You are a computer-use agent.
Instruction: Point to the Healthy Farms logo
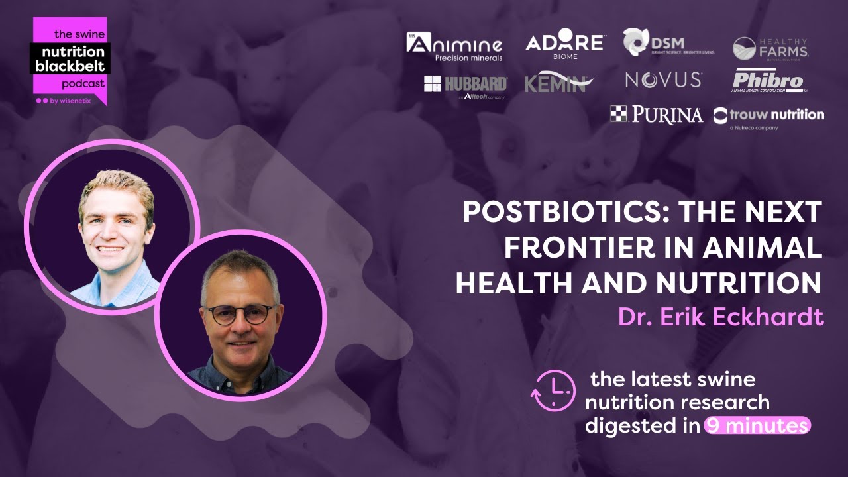click(770, 48)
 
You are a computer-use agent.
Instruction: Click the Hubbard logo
click(465, 85)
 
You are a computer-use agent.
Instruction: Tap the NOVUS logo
click(662, 80)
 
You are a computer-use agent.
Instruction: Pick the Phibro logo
click(768, 81)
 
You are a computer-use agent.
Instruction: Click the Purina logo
click(656, 115)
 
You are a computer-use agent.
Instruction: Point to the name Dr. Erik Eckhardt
click(721, 317)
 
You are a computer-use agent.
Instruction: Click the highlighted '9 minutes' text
click(757, 425)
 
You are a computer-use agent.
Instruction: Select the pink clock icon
click(553, 390)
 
